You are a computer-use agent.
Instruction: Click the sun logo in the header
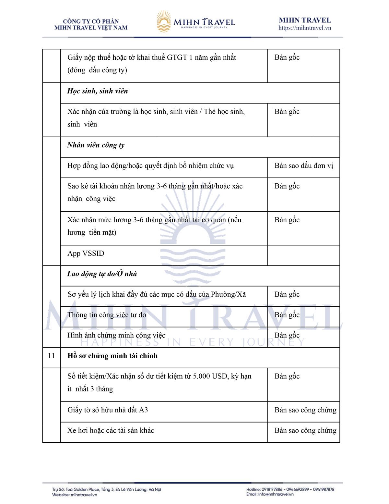[x=164, y=21]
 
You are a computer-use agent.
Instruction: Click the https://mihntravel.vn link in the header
[x=304, y=28]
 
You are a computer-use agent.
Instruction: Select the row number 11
[x=51, y=356]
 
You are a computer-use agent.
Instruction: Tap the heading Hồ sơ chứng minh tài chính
[x=112, y=356]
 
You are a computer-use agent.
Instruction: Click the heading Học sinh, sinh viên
[x=97, y=91]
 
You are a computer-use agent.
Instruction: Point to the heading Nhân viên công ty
[x=96, y=145]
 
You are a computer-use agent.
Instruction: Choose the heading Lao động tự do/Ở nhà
[x=102, y=274]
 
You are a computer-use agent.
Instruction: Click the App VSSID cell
[x=86, y=253]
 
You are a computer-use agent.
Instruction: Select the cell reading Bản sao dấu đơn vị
[x=303, y=166]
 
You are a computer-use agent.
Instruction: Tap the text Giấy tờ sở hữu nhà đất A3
[x=108, y=410]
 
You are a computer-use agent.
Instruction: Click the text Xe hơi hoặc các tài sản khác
[x=111, y=431]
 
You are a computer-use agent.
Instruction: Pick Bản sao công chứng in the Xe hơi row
[x=305, y=431]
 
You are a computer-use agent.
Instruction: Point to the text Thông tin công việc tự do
[x=107, y=315]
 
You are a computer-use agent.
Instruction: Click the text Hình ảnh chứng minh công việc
[x=116, y=336]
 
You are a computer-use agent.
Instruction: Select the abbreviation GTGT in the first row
[x=177, y=58]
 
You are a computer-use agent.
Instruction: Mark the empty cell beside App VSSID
[x=303, y=255]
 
